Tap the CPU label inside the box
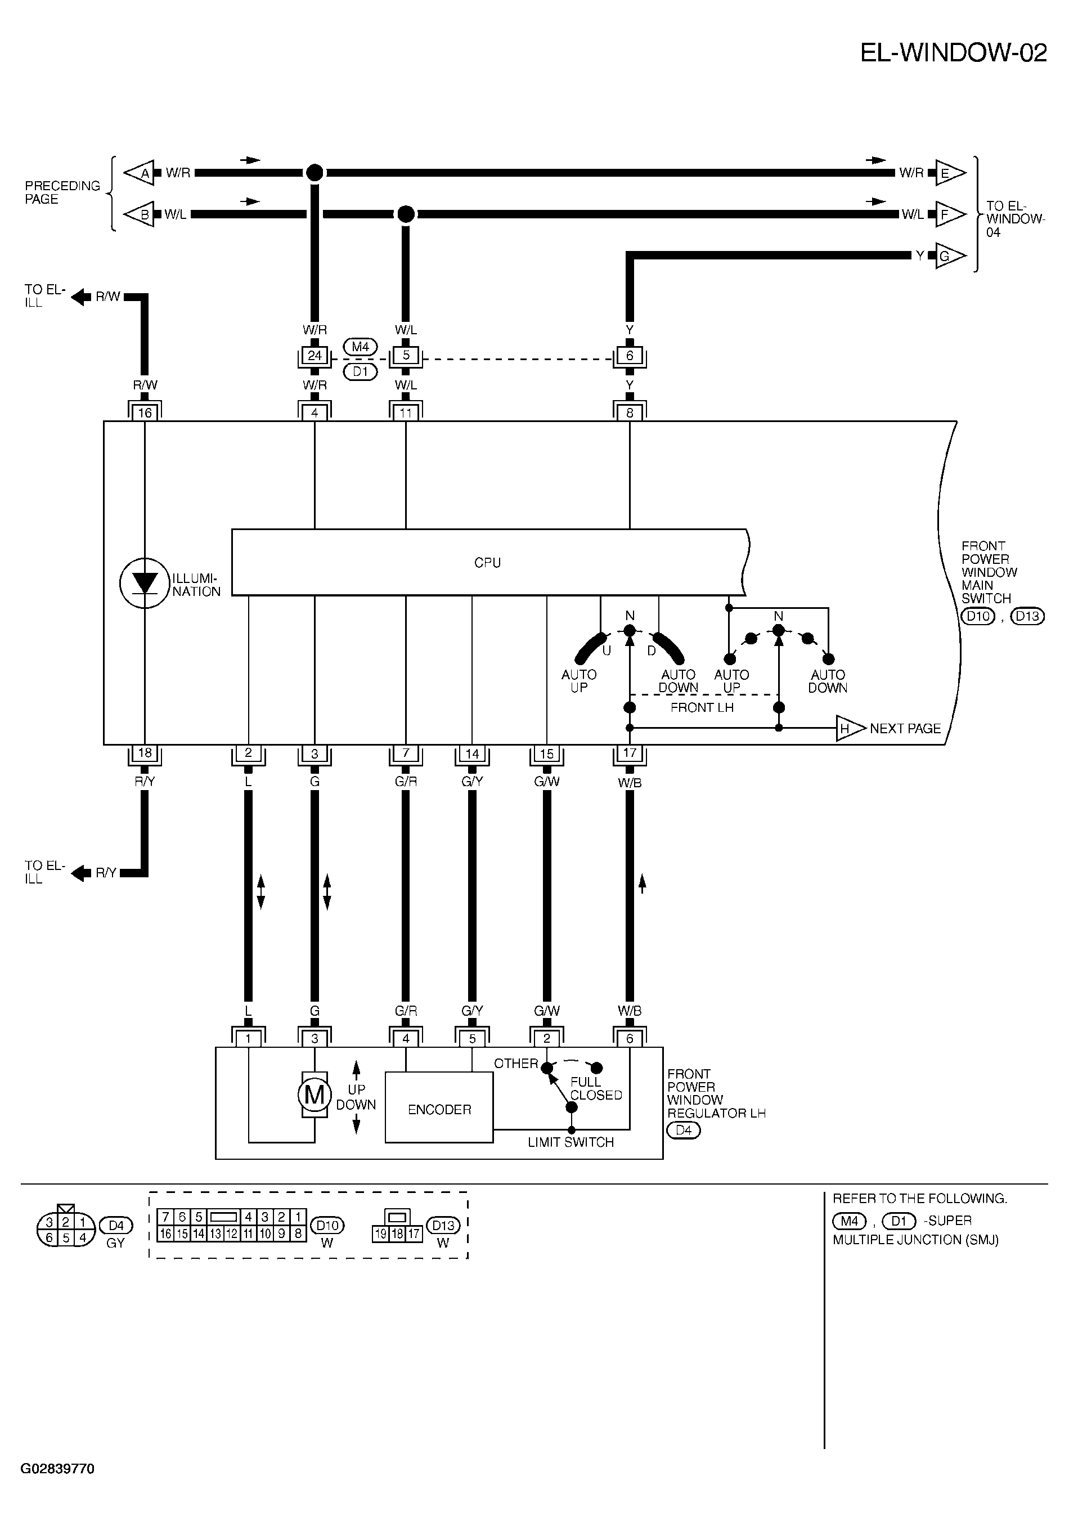tap(487, 563)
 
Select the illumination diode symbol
tap(145, 583)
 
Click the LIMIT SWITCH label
tap(571, 1142)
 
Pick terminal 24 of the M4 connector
tap(315, 355)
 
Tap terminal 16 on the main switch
tap(145, 412)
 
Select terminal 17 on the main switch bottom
tap(629, 753)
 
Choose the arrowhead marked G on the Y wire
tap(950, 256)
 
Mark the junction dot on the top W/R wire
tap(315, 173)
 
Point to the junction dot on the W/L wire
tap(406, 214)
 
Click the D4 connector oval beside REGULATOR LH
tap(684, 1131)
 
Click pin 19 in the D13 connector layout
tap(381, 1234)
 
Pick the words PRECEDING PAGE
tap(62, 192)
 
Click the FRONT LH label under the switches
tap(702, 708)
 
